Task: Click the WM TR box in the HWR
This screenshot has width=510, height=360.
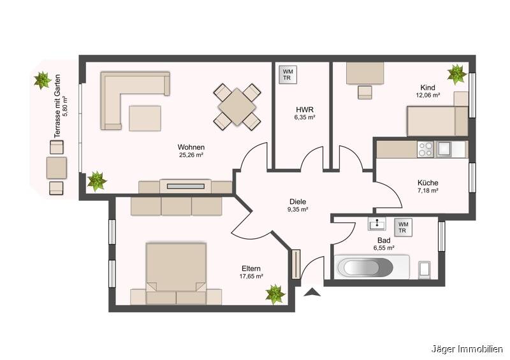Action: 288,75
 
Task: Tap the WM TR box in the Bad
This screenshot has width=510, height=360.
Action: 403,227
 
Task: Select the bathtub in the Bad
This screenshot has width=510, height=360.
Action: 365,268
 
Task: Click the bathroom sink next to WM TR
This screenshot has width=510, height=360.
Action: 377,224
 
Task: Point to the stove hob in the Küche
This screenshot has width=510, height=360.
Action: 425,149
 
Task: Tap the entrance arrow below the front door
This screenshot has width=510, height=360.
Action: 312,292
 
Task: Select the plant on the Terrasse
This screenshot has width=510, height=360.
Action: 43,80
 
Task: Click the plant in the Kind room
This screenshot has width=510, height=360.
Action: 457,74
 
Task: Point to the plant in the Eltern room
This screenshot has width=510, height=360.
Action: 275,294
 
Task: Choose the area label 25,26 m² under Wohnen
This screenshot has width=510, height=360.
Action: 191,155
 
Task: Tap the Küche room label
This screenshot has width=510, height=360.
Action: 428,183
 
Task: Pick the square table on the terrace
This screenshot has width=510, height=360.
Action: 57,168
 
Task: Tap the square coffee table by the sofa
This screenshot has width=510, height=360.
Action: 145,118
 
